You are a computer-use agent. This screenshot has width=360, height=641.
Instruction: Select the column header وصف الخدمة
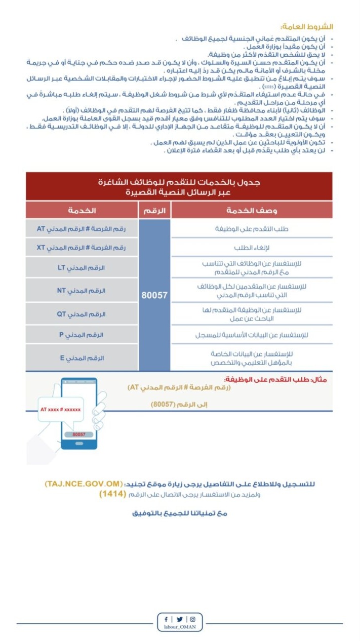coord(252,210)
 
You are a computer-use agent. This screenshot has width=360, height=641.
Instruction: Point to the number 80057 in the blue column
coord(154,294)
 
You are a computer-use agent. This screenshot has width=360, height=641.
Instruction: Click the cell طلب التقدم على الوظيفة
coord(252,229)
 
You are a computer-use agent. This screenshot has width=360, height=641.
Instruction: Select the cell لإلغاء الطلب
coord(252,248)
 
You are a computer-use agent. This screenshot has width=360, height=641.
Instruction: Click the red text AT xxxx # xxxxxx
coord(61,408)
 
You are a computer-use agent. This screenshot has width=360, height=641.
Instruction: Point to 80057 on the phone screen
coord(79,434)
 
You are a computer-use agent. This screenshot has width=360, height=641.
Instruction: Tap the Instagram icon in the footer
coord(193,619)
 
